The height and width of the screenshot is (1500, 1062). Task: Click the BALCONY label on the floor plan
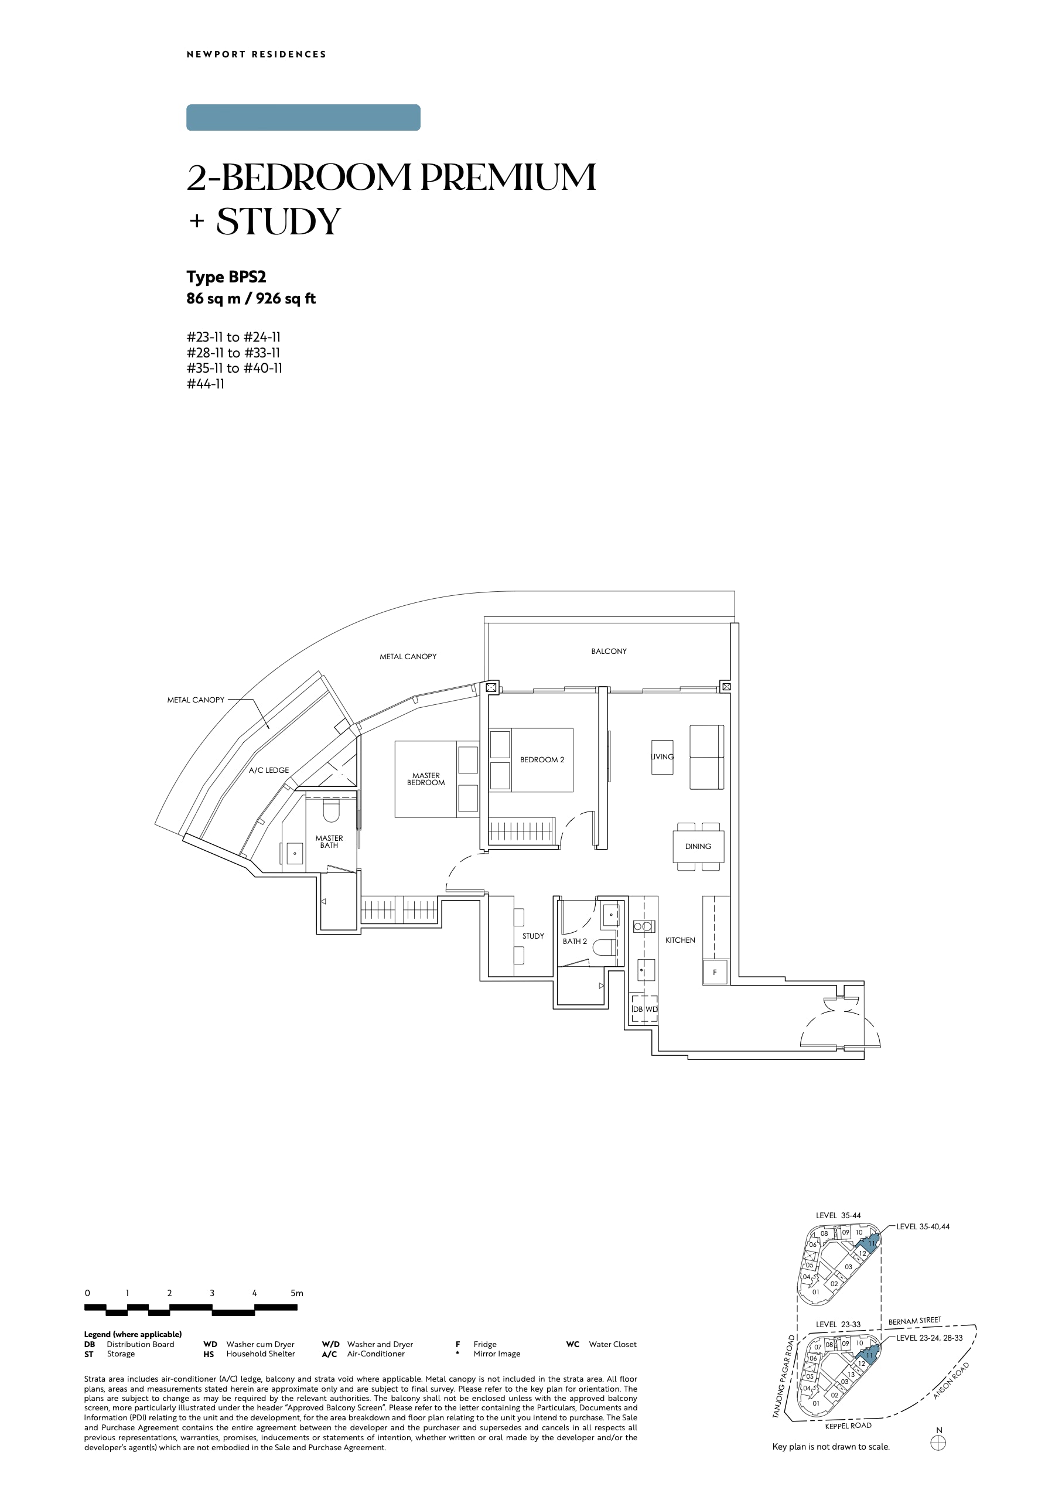point(608,651)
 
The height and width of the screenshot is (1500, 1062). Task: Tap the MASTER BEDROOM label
point(426,779)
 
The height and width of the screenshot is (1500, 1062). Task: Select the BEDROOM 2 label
point(542,759)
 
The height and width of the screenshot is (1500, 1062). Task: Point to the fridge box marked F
point(715,972)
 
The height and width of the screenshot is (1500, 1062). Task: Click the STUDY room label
point(533,936)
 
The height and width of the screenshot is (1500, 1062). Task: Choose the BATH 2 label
point(575,942)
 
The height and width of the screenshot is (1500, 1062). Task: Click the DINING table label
point(698,847)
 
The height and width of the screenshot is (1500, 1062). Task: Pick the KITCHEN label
point(680,940)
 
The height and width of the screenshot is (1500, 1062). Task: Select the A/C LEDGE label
point(269,770)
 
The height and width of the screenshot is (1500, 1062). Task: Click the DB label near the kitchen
point(637,1010)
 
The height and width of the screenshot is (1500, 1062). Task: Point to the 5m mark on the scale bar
point(297,1293)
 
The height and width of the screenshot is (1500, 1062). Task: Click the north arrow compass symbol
point(938,1443)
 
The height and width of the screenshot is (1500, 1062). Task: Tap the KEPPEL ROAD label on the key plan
point(848,1426)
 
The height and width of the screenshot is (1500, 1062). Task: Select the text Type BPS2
point(226,277)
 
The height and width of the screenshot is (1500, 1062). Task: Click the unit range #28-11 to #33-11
point(234,353)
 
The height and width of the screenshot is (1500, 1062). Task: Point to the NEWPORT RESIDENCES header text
point(257,54)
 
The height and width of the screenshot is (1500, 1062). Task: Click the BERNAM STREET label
point(914,1321)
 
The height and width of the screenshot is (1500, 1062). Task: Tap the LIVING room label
point(662,757)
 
